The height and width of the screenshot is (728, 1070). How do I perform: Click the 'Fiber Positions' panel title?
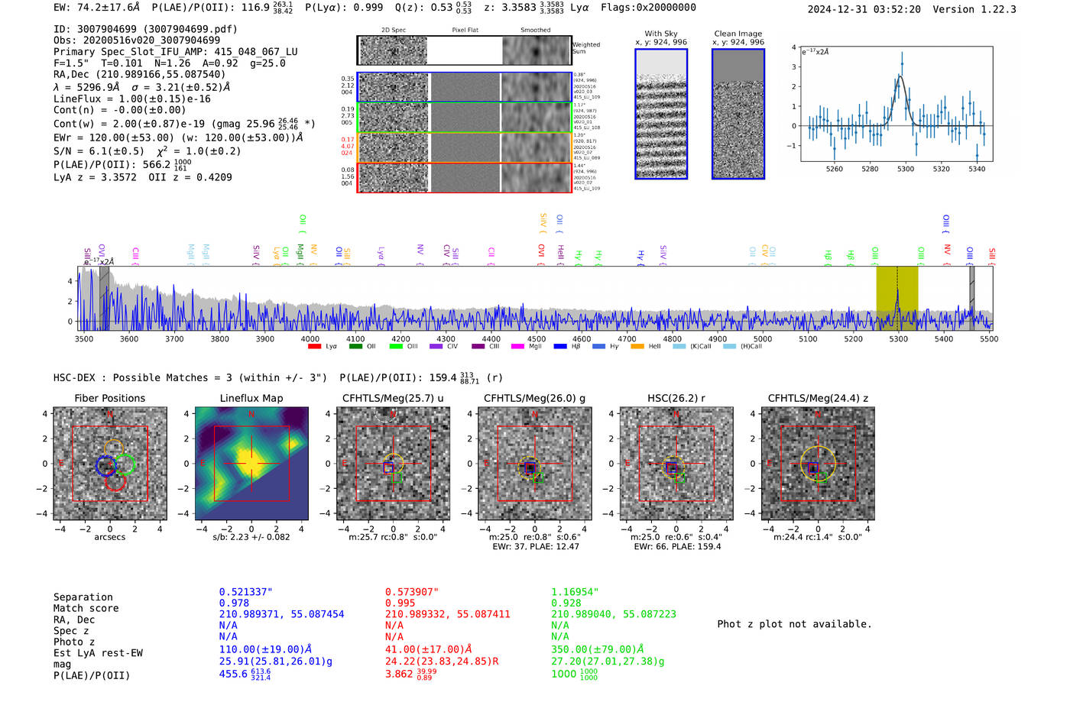109,398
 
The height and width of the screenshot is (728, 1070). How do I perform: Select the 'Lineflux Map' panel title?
251,398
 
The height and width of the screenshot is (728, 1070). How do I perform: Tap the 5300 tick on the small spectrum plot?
906,169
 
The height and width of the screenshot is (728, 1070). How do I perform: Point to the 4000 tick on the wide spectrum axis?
310,338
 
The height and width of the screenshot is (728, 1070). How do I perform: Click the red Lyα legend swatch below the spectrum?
314,347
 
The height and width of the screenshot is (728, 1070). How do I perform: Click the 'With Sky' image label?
661,34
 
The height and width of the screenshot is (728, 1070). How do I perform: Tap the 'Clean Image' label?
738,34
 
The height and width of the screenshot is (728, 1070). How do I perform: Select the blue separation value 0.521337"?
245,592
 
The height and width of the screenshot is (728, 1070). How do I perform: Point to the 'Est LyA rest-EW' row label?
98,653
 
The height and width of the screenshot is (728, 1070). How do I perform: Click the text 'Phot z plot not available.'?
794,624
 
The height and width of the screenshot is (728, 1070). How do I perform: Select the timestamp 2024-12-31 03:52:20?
864,9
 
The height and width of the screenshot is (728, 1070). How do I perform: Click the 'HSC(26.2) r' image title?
676,398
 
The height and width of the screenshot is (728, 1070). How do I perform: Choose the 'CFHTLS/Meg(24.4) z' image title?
818,398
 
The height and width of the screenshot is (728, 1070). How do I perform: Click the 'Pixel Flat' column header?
465,30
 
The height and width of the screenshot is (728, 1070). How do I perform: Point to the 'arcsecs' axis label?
109,537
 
